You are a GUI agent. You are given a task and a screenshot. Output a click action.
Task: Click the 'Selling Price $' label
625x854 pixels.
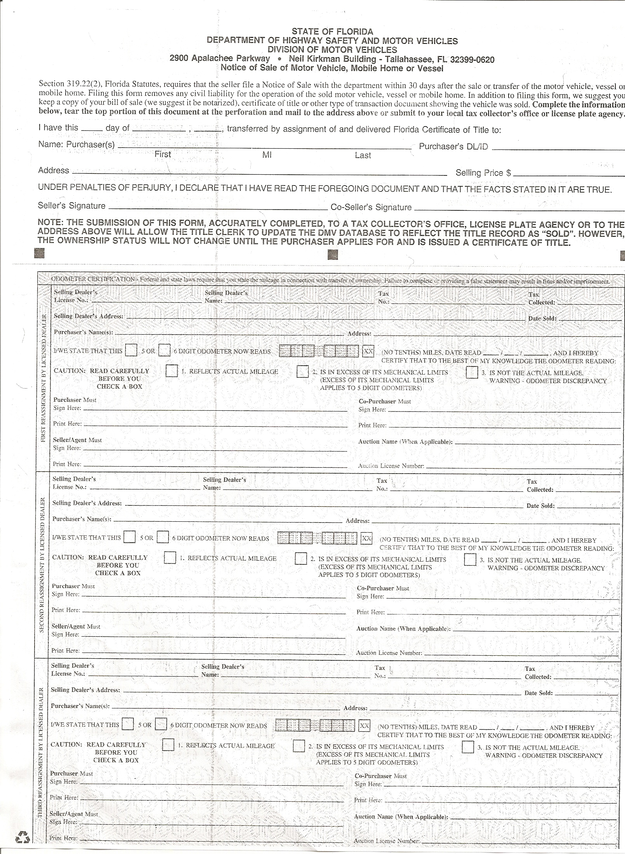[483, 173]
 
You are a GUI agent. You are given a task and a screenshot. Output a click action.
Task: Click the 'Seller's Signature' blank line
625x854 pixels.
[217, 208]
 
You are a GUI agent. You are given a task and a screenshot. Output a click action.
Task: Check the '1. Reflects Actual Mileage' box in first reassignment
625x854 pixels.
[171, 371]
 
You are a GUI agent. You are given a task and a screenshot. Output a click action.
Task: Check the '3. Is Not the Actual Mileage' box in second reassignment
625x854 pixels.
[470, 559]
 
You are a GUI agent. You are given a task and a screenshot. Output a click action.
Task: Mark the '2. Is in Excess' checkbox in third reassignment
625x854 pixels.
[299, 746]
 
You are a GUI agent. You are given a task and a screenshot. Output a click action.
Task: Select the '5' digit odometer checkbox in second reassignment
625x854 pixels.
[130, 537]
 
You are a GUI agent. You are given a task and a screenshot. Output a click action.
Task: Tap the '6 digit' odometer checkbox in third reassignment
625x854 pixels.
[161, 724]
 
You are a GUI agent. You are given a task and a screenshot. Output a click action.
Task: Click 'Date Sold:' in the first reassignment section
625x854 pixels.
[542, 318]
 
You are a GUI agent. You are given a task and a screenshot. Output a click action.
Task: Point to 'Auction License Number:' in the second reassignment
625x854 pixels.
[389, 653]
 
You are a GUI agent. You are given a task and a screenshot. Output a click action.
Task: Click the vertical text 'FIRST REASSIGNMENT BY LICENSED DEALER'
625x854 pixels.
[43, 377]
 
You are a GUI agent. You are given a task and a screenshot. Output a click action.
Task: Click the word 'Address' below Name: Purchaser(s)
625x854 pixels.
[54, 170]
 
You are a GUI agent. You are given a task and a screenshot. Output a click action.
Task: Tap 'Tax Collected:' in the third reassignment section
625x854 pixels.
[538, 673]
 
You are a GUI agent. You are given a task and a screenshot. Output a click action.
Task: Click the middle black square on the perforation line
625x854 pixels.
[333, 254]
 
